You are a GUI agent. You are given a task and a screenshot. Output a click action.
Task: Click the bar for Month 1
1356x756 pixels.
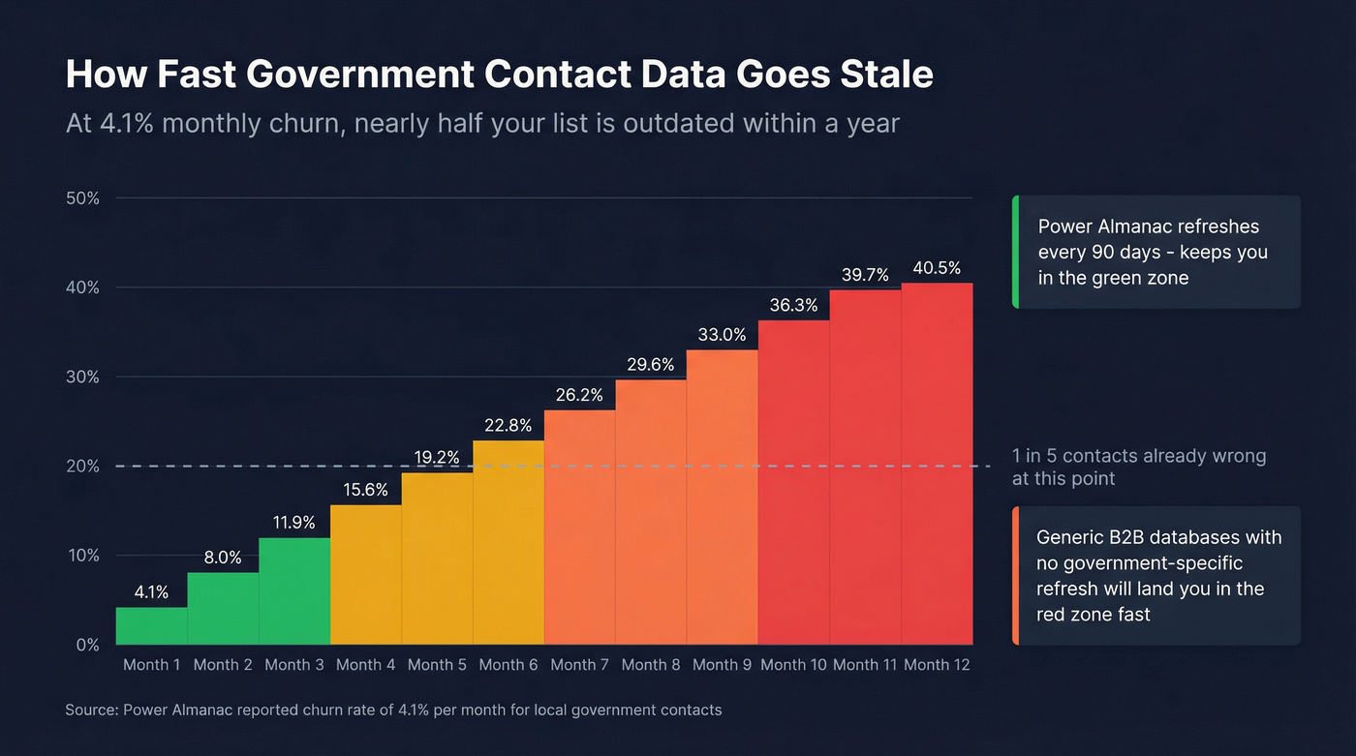point(151,625)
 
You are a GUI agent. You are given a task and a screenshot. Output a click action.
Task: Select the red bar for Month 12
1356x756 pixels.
point(937,464)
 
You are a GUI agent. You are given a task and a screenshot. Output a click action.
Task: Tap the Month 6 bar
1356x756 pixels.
point(508,542)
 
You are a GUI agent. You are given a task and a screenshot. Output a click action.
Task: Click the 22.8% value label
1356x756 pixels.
point(508,426)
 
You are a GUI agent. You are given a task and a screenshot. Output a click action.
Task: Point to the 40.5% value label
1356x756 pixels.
point(937,268)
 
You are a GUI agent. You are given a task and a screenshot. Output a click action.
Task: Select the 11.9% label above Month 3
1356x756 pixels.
point(294,523)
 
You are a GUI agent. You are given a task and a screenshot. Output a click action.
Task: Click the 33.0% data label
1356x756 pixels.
point(723,335)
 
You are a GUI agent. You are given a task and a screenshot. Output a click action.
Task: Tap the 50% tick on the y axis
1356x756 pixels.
point(81,198)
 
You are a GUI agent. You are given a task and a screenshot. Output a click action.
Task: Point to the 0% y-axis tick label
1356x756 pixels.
point(87,645)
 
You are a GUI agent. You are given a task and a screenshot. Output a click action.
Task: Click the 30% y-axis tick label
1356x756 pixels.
point(81,377)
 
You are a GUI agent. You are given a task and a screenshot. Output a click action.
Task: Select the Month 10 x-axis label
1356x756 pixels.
point(793,665)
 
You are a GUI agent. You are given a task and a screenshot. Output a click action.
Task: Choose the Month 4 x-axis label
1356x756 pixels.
point(365,665)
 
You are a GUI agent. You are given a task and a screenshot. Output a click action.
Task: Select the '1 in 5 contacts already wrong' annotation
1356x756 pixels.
point(1139,456)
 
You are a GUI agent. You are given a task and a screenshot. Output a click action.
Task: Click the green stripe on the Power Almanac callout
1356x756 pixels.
point(1015,252)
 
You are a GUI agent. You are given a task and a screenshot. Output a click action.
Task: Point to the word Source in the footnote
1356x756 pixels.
point(91,710)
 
